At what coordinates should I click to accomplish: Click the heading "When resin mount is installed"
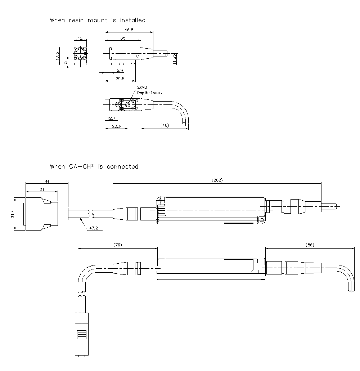click(x=98, y=20)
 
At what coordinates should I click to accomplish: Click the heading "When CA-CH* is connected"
click(x=94, y=166)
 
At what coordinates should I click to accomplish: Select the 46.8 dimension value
click(x=129, y=30)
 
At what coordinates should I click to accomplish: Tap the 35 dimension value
click(x=123, y=38)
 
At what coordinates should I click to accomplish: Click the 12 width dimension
click(x=80, y=38)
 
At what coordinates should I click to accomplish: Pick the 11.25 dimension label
click(x=175, y=59)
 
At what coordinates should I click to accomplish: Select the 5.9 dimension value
click(x=120, y=71)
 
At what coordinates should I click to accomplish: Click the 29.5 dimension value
click(x=120, y=79)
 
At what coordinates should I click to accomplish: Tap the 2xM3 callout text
click(x=142, y=88)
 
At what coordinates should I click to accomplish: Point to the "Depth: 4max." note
click(x=149, y=93)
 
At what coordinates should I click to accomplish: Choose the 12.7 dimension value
click(x=111, y=118)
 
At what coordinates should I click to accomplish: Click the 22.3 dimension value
click(x=116, y=126)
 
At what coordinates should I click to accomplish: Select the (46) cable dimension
click(x=165, y=126)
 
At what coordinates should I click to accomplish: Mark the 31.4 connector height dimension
click(x=13, y=214)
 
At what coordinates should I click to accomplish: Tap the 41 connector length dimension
click(x=47, y=181)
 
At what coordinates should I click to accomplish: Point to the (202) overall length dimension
click(x=217, y=180)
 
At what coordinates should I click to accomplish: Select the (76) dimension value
click(x=117, y=245)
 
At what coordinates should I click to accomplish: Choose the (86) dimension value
click(x=310, y=245)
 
